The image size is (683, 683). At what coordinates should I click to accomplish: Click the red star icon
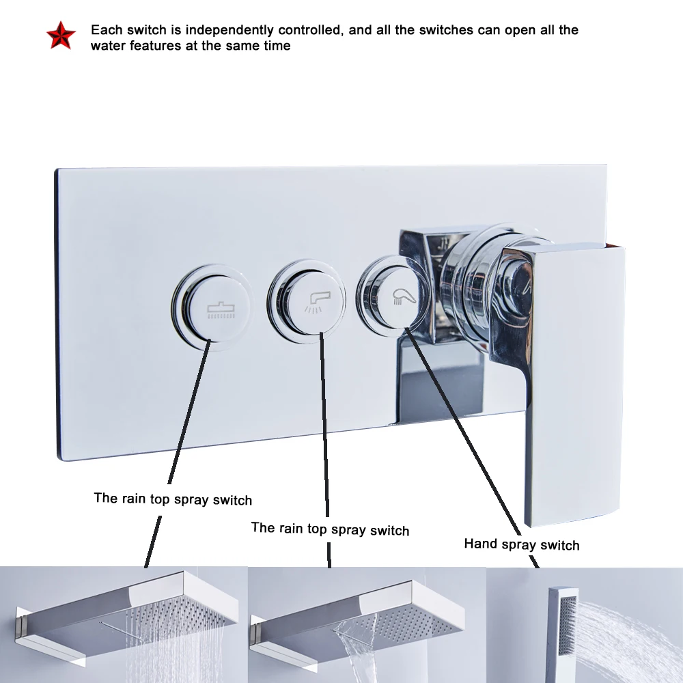pos(59,36)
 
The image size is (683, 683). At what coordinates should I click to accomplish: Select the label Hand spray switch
pos(521,544)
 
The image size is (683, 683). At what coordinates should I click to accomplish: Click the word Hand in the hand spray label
pos(481,544)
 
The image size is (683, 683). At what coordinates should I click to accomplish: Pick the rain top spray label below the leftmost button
pos(173,499)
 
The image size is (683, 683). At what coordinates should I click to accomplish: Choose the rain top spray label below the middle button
pos(330,529)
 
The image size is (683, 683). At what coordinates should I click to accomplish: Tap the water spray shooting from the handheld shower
pos(628,628)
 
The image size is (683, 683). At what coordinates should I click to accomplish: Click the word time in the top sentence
pos(276,46)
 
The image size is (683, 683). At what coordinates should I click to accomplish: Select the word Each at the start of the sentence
pos(106,30)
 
